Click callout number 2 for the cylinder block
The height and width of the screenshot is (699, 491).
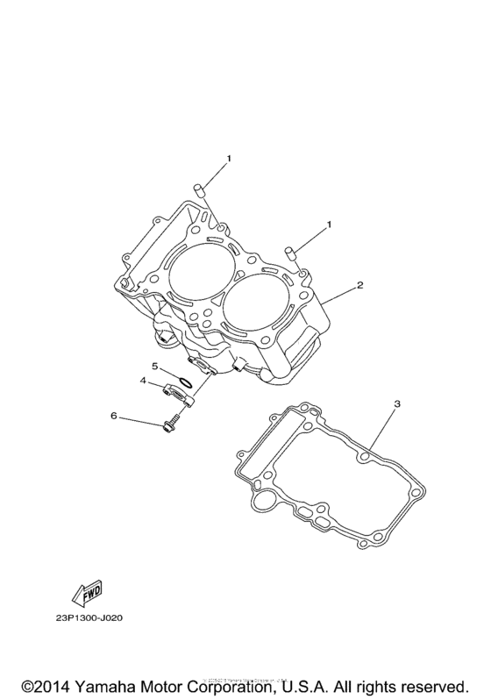pyautogui.click(x=359, y=286)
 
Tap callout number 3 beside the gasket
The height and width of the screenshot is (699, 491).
pyautogui.click(x=396, y=404)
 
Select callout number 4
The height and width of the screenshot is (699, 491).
pyautogui.click(x=141, y=381)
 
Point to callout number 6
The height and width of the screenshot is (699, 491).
pyautogui.click(x=113, y=415)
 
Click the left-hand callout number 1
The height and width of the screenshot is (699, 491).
pyautogui.click(x=229, y=159)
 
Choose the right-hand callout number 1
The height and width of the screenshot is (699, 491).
pyautogui.click(x=330, y=225)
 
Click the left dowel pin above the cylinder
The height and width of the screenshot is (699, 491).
pyautogui.click(x=199, y=189)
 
